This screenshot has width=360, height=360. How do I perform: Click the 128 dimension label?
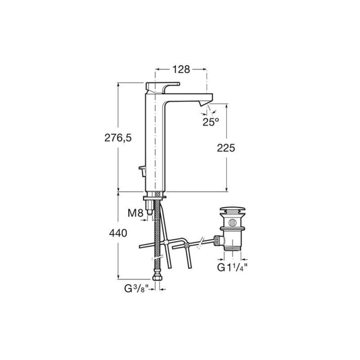(181, 69)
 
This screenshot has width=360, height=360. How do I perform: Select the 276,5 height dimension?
(118, 138)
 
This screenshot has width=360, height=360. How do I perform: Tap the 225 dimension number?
(226, 148)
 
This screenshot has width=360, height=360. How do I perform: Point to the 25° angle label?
(210, 122)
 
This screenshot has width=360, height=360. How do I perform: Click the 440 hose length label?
(118, 233)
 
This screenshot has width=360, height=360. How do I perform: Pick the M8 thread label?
(136, 213)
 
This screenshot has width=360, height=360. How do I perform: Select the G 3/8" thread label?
(137, 289)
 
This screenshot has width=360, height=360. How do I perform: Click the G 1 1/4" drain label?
(232, 267)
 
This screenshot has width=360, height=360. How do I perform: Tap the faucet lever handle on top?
(162, 87)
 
